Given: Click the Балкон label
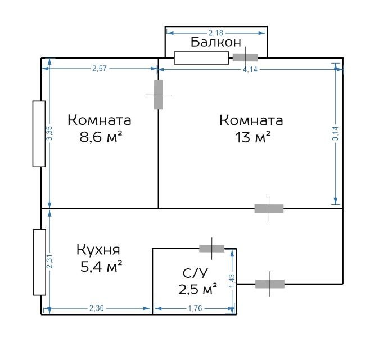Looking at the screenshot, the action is click(x=216, y=42).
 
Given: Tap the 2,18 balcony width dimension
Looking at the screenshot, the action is click(x=216, y=33).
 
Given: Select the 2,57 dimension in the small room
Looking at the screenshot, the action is click(x=100, y=69).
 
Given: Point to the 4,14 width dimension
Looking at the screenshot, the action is click(x=250, y=70).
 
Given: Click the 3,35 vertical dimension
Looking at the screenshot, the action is click(x=49, y=133).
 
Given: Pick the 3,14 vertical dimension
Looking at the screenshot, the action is click(x=335, y=133).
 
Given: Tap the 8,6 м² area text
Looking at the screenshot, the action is click(x=101, y=137).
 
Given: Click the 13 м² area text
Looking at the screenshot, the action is click(x=252, y=137).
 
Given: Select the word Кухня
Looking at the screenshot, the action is click(x=98, y=250).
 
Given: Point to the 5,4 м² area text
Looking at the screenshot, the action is click(x=101, y=267).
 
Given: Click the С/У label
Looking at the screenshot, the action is click(x=195, y=273).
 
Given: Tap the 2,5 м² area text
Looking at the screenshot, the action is click(x=197, y=289).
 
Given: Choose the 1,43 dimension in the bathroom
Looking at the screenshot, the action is click(x=232, y=281).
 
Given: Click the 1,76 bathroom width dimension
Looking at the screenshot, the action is click(x=195, y=308).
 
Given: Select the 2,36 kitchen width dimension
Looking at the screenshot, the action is click(x=97, y=308).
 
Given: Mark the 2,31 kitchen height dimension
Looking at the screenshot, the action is click(x=49, y=262).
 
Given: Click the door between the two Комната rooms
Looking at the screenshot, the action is click(x=159, y=94).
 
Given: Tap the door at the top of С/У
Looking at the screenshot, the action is click(x=211, y=249).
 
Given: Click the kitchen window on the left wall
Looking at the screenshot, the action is click(x=39, y=262).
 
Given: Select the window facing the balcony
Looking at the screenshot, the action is click(x=201, y=58).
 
